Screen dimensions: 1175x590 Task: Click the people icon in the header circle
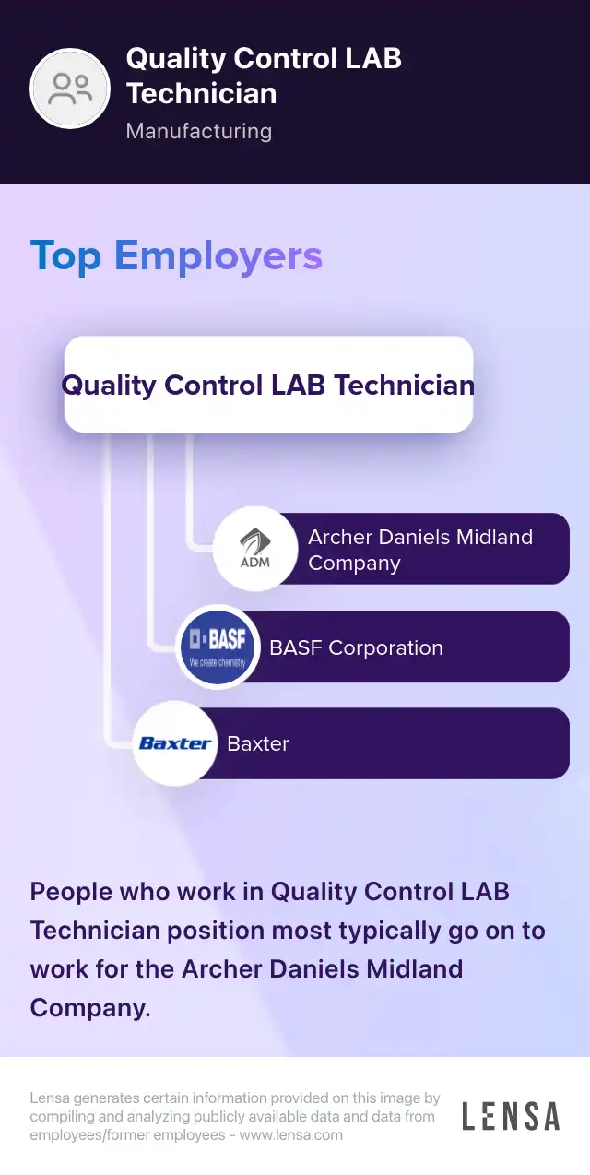[x=71, y=89]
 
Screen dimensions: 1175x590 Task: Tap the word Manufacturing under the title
[x=198, y=131]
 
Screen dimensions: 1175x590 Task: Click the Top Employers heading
[x=176, y=255]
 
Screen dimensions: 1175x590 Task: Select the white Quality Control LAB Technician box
[x=268, y=385]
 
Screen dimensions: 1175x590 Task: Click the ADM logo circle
[x=255, y=548]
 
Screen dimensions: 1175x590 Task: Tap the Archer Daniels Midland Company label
[x=420, y=550]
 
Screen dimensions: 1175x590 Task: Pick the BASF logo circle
[x=218, y=647]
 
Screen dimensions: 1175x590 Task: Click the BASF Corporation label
[x=356, y=647]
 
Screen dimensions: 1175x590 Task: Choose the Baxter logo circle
[x=175, y=743]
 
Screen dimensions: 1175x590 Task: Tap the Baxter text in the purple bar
[x=258, y=743]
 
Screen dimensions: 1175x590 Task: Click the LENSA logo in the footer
[x=510, y=1116]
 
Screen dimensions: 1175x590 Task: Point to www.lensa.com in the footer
[x=290, y=1135]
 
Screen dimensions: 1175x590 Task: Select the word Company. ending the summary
[x=90, y=1008]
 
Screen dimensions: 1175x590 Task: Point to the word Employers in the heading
[x=218, y=255]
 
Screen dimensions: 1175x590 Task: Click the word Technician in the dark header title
[x=201, y=93]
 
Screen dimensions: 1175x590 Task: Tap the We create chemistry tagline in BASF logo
[x=218, y=662]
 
